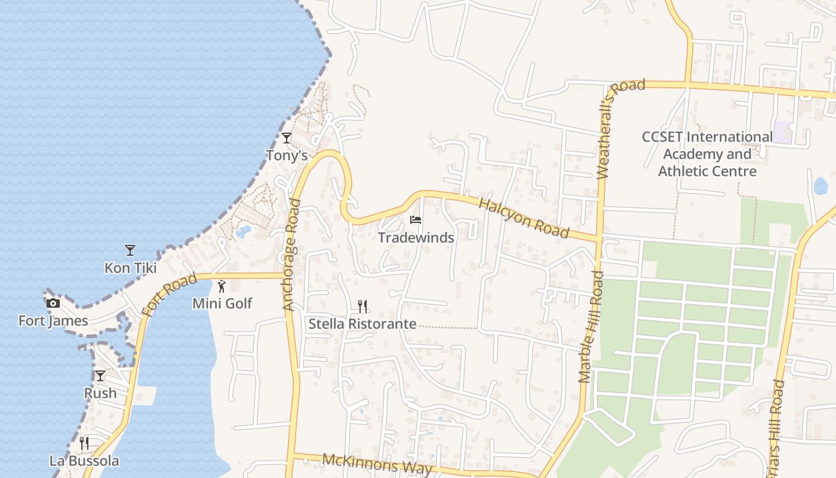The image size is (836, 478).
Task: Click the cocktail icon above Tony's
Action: point(287,138)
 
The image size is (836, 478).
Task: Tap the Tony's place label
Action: point(287,155)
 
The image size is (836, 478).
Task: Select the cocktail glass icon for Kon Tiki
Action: point(130,250)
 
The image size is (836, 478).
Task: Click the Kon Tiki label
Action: point(130,268)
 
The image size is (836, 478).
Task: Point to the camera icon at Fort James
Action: point(53,303)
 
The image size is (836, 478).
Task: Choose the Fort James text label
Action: point(53,321)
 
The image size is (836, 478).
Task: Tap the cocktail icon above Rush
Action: point(100,375)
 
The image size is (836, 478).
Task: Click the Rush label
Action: point(100,393)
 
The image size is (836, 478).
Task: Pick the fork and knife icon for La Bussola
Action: point(84,443)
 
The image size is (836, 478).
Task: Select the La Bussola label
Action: point(84,461)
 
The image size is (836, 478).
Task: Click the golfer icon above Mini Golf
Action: point(222,286)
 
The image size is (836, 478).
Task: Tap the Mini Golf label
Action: point(222,304)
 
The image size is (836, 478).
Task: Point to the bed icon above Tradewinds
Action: point(416,220)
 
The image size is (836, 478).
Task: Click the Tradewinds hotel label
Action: point(416,238)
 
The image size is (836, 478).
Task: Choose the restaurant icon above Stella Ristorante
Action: point(362,307)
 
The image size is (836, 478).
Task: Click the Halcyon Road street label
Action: point(524,217)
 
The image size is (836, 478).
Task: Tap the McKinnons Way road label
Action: point(377,464)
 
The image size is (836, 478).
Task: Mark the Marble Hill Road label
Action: point(591,327)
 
